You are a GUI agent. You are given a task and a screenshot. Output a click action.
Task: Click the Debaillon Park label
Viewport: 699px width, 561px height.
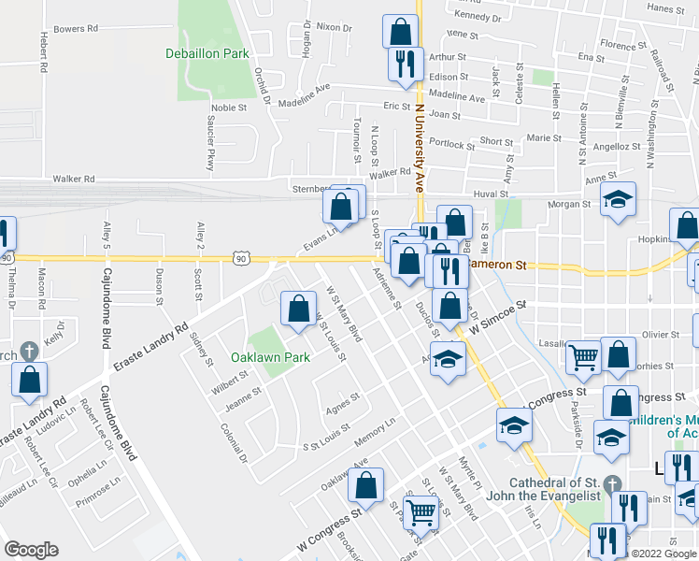click(207, 54)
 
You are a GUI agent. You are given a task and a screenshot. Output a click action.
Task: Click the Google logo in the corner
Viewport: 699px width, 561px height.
click(31, 550)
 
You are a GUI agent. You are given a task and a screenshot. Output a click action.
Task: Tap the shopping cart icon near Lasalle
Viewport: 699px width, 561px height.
click(584, 355)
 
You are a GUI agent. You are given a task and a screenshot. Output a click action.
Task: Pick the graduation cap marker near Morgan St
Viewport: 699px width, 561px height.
click(617, 199)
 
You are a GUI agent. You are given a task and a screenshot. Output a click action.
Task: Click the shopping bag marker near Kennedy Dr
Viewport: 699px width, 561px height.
click(400, 32)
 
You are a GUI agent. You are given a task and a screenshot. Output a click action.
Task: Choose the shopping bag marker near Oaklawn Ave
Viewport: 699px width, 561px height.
click(367, 484)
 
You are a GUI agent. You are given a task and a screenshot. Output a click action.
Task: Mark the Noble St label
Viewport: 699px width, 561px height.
click(229, 108)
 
